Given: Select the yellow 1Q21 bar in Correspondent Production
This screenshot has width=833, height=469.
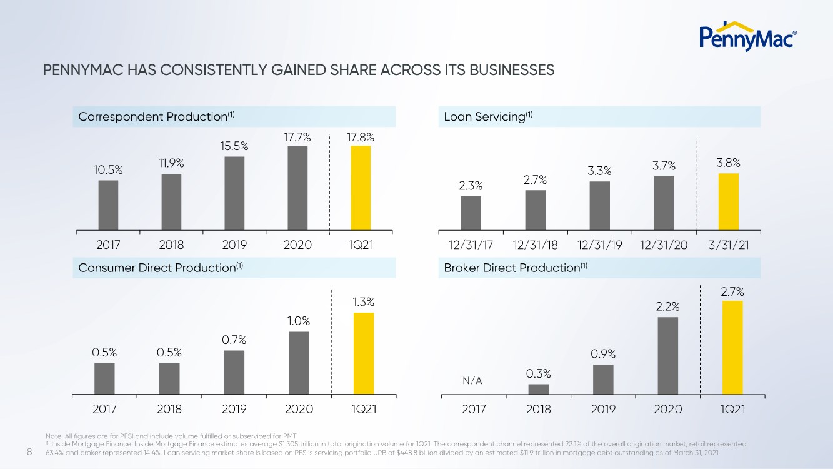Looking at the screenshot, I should [x=361, y=188].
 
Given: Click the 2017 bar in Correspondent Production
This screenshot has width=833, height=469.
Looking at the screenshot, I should [x=108, y=205].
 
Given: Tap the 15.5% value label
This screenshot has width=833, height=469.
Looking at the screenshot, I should [x=234, y=146].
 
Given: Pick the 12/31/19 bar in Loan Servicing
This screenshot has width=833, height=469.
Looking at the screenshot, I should [x=599, y=206].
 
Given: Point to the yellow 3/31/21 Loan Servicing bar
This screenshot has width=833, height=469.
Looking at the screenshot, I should [x=728, y=201].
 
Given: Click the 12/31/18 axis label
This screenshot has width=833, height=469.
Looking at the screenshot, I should [x=536, y=245].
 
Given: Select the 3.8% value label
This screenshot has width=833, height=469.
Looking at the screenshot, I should [x=728, y=163].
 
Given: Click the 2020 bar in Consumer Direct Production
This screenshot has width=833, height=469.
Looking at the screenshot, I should [x=299, y=363].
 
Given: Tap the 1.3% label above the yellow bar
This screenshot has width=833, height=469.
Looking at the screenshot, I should [x=364, y=302].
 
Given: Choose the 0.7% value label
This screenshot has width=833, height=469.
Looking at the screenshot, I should [x=234, y=340].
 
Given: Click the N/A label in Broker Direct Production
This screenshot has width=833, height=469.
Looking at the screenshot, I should [x=472, y=381].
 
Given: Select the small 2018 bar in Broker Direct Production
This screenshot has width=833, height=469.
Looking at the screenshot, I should [x=538, y=389].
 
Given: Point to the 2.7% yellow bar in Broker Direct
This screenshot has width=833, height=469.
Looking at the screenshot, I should [x=732, y=347].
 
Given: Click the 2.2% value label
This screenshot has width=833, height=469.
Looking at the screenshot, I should [x=667, y=307].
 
